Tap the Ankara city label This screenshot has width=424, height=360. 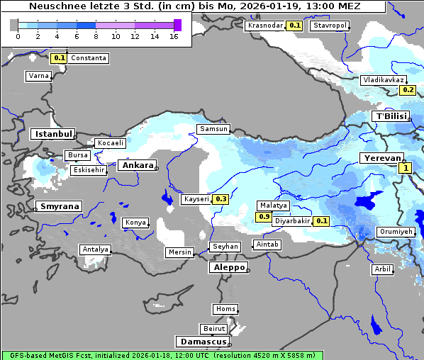(x=138, y=165)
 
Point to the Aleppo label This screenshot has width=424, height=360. (x=228, y=268)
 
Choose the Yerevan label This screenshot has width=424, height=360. (x=381, y=158)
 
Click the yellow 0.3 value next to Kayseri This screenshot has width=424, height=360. (x=221, y=199)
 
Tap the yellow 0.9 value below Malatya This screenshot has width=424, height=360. (x=264, y=216)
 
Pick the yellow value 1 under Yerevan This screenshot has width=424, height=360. (x=405, y=168)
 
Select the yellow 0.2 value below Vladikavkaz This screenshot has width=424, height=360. (x=408, y=90)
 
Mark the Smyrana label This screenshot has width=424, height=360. (x=60, y=206)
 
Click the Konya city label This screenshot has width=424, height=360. (x=135, y=223)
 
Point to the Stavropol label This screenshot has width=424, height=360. (x=330, y=26)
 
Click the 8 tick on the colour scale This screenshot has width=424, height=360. (x=96, y=36)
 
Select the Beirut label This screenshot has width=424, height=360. (x=213, y=329)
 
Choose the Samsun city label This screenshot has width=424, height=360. (x=213, y=129)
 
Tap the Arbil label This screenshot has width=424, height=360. (x=382, y=269)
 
